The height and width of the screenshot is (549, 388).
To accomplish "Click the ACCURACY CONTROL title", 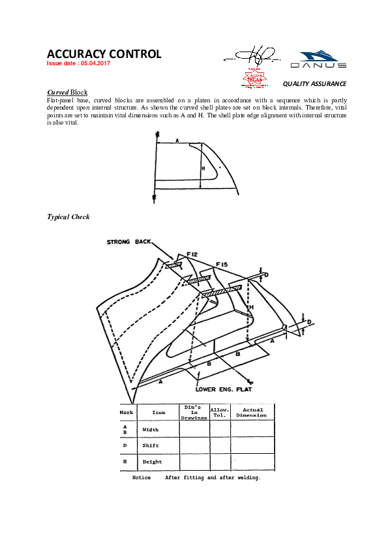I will coord(104,54).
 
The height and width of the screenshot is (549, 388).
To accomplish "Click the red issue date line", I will coord(79,64).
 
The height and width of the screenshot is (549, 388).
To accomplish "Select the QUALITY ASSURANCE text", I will coord(314,84).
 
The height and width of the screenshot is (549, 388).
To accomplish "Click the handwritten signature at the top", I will coord(251,55).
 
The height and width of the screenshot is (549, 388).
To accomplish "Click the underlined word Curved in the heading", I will coord(58,93).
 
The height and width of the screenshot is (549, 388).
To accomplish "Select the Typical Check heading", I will coord(68,216).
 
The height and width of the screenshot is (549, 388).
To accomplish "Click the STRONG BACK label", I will coord(128,242).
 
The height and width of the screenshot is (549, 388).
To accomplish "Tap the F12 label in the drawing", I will coord(192,253).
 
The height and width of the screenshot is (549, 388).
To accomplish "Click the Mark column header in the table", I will coord(127,412).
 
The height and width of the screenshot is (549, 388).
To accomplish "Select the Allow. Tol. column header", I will coord(219,412).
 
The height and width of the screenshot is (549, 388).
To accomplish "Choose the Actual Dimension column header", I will coord(252,412).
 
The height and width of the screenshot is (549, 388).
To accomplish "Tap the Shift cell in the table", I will coord(150,445).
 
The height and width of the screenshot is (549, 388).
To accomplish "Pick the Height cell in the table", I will coord(151,462).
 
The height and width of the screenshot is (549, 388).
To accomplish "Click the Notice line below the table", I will coord(196,478).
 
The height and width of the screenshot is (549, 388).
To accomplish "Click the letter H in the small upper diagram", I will coord(203,168).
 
